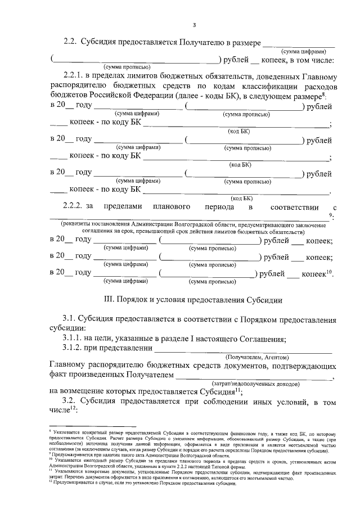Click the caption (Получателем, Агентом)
click(x=257, y=357)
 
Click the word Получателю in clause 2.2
click(x=205, y=42)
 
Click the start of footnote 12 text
click(x=51, y=483)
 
